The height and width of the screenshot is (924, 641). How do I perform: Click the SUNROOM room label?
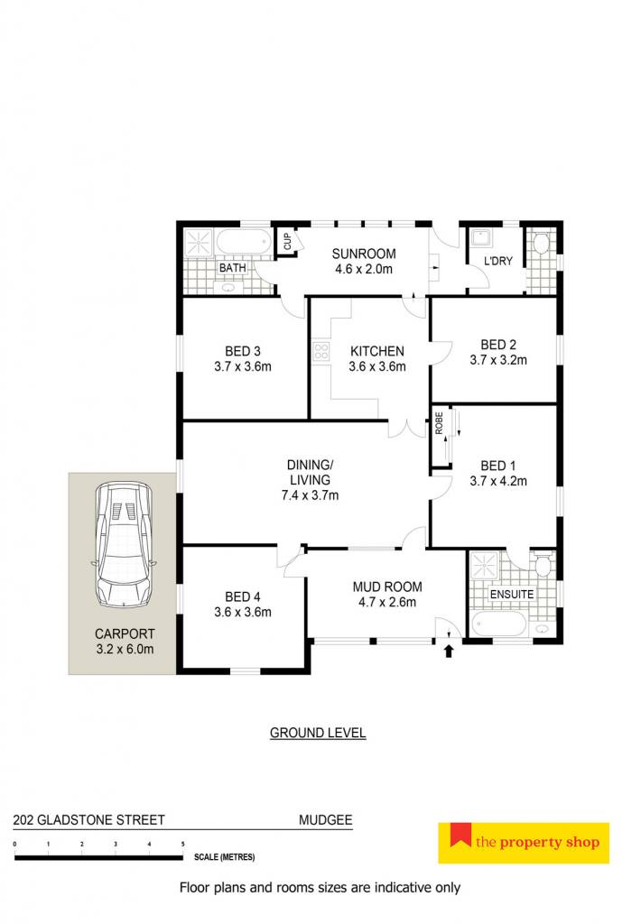click(x=363, y=254)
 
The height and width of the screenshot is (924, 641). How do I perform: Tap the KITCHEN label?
click(x=376, y=351)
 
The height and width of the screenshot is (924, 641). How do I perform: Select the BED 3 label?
click(x=242, y=351)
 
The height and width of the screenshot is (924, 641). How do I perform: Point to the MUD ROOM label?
click(x=386, y=587)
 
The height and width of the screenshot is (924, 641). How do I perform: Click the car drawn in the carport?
click(x=124, y=545)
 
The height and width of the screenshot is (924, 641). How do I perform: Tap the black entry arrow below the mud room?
click(x=449, y=651)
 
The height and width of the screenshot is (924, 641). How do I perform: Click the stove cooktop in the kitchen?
click(x=320, y=352)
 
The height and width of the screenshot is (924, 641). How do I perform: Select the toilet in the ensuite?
click(x=543, y=564)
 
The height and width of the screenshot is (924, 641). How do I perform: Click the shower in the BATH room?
click(x=200, y=242)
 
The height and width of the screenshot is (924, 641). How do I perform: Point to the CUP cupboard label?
click(x=287, y=242)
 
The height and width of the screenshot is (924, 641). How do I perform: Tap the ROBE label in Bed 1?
click(x=439, y=423)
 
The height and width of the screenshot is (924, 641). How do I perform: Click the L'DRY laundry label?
click(x=498, y=261)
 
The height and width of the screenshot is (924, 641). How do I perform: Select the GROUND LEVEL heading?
click(x=318, y=733)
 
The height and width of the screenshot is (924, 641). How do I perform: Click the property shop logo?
click(x=524, y=844)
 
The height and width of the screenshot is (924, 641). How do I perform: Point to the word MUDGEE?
click(x=326, y=819)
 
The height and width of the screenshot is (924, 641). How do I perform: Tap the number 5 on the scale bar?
click(x=182, y=845)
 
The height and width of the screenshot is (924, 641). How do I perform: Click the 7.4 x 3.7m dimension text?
click(x=310, y=495)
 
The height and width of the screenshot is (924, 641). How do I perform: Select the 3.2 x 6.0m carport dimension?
click(x=125, y=650)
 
